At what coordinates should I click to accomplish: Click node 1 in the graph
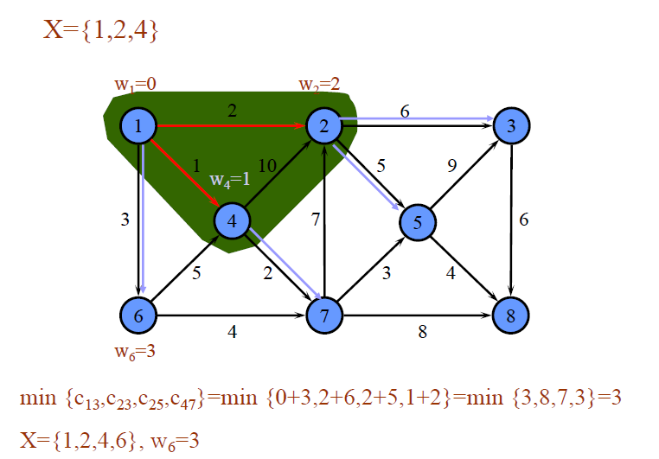[138, 126]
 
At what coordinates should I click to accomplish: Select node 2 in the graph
[323, 126]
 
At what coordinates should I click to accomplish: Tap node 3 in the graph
[511, 126]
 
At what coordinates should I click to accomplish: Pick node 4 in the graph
[231, 221]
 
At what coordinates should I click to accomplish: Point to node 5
[417, 222]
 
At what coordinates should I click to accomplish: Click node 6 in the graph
[138, 316]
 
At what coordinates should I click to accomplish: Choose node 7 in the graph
[323, 316]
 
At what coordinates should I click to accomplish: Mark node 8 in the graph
[511, 316]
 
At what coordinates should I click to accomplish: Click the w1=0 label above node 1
[135, 85]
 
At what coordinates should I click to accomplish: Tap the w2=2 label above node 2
[319, 85]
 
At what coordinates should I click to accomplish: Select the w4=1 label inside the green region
[230, 180]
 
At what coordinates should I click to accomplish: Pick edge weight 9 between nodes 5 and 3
[451, 167]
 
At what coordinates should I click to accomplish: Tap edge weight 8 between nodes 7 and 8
[422, 331]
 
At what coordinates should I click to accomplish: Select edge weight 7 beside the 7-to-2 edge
[316, 220]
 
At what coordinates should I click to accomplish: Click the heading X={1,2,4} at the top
[100, 31]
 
